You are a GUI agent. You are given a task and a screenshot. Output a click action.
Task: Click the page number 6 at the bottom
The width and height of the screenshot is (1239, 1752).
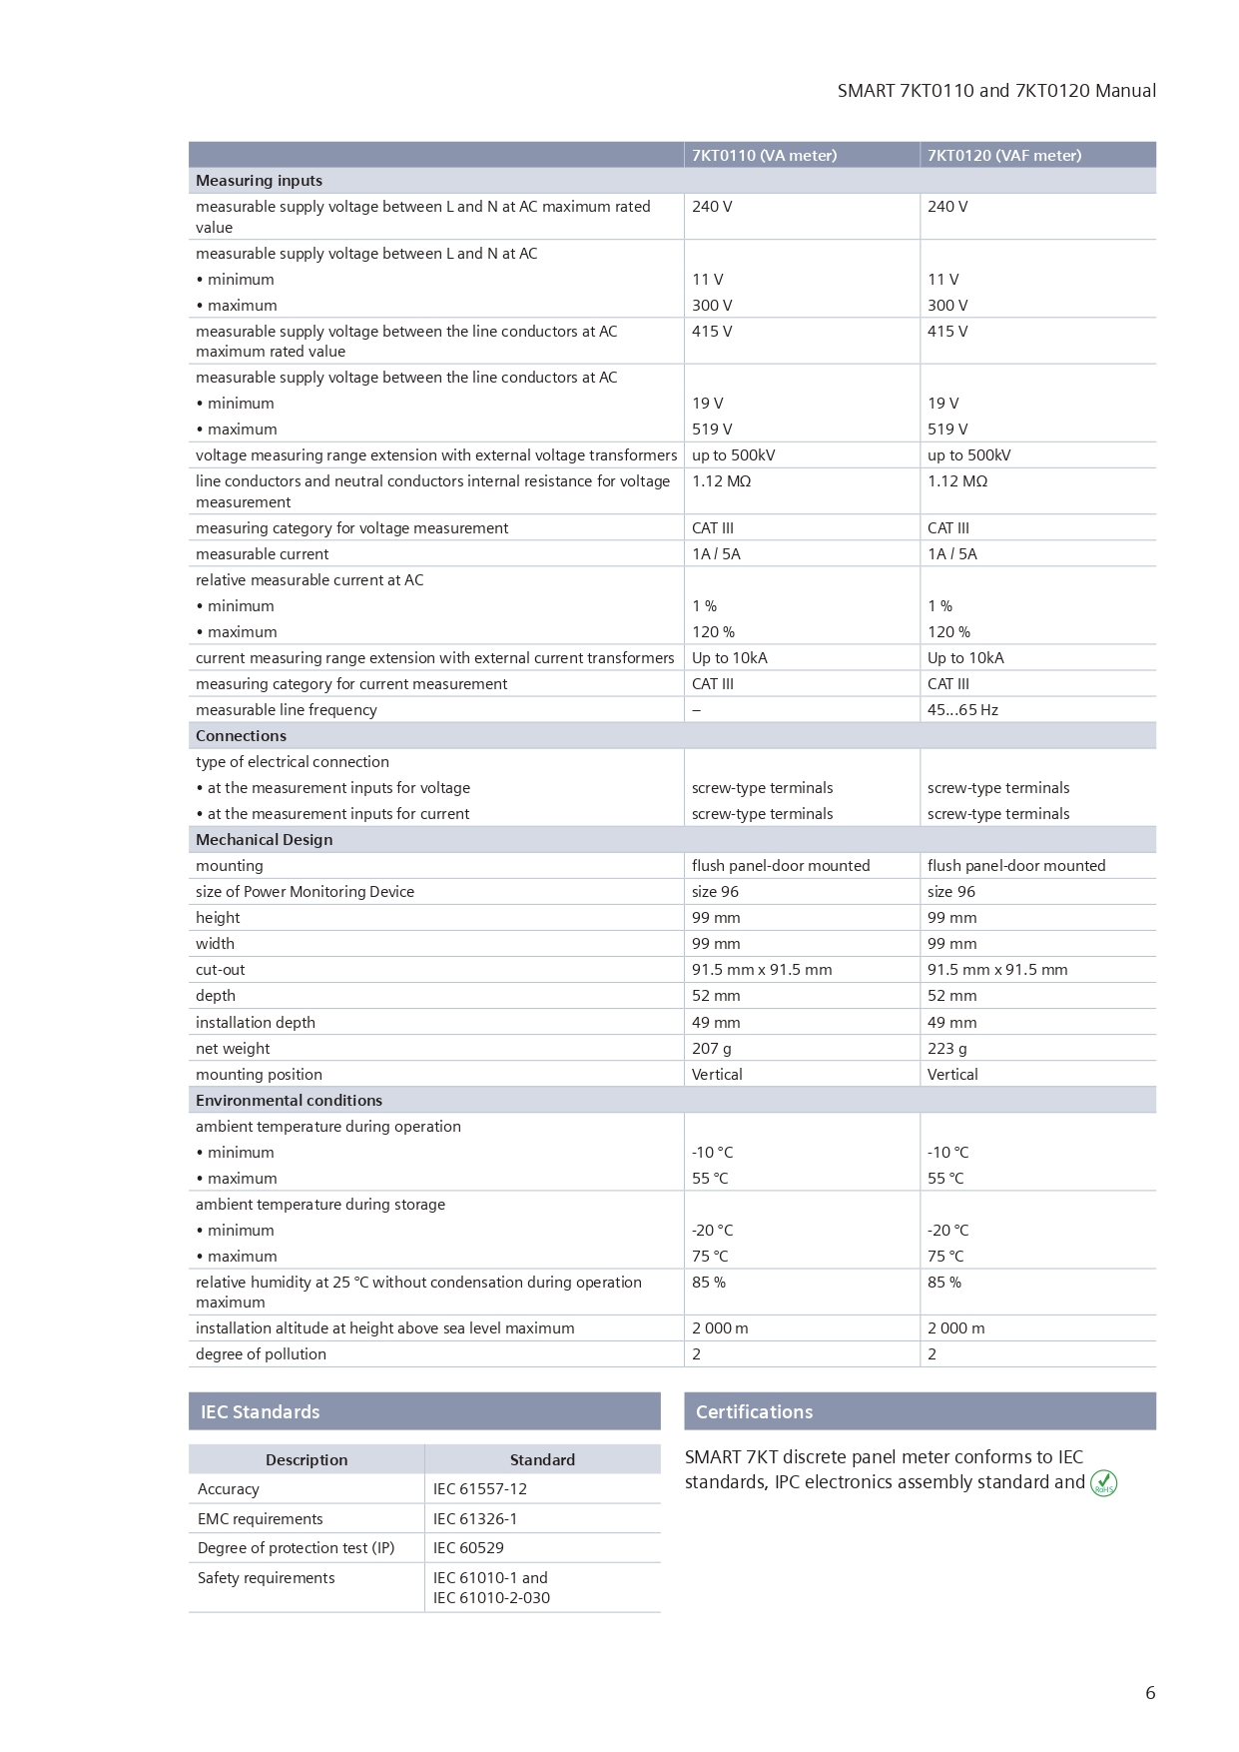point(1150,1692)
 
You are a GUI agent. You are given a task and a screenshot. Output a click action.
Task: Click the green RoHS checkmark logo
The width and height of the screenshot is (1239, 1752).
point(1103,1483)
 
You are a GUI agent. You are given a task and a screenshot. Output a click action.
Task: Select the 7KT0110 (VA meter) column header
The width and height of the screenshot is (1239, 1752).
point(764,155)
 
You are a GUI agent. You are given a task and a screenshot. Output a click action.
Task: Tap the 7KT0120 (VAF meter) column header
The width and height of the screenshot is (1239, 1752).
point(1003,155)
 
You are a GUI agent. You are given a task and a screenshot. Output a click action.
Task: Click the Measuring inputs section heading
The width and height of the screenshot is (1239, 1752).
point(259,181)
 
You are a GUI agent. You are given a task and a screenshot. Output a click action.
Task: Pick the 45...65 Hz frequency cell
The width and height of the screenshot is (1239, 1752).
point(962,710)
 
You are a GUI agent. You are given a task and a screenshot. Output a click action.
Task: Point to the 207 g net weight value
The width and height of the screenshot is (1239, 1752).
point(711,1048)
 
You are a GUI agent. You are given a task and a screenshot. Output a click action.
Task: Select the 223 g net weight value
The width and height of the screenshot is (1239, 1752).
point(946,1048)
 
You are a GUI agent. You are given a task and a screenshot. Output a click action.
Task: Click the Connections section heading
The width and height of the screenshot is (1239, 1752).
point(241,736)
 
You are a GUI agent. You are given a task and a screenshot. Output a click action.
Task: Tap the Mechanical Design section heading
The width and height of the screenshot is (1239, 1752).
point(264,840)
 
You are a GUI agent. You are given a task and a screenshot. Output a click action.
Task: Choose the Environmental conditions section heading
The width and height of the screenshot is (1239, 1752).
point(289,1100)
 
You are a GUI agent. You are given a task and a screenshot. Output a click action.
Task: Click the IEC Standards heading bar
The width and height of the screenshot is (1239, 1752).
point(424,1411)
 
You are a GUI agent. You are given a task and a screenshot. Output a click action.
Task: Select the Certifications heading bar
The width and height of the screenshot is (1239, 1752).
point(920,1411)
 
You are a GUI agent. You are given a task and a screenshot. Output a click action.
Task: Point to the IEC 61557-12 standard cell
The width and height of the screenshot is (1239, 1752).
point(479,1488)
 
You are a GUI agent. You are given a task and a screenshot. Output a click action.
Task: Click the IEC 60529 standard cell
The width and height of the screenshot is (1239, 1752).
point(468,1547)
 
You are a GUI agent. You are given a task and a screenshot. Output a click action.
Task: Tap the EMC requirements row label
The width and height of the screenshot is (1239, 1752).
point(260,1518)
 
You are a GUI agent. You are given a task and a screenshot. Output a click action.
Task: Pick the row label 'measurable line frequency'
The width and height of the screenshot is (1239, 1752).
point(286,710)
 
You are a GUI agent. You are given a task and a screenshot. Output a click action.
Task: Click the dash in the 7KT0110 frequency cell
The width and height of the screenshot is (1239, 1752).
point(696,710)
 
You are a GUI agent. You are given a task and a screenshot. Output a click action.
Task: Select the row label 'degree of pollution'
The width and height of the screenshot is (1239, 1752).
point(261,1353)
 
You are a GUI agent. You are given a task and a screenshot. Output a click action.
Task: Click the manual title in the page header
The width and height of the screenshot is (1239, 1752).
point(995,91)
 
